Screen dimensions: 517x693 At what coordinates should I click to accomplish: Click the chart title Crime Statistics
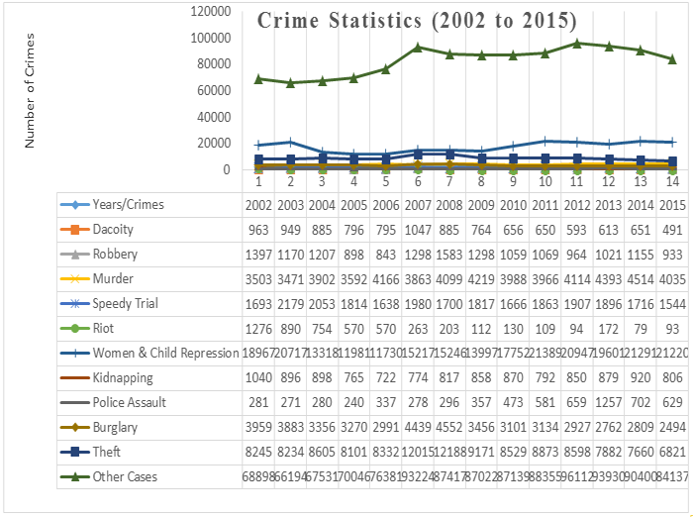tap(417, 21)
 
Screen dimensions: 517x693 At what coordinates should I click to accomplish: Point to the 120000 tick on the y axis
tap(210, 11)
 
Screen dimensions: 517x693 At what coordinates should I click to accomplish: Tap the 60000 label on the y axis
tap(214, 90)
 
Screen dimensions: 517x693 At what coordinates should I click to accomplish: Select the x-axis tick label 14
tap(672, 182)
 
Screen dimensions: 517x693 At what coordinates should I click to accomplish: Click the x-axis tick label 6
tap(418, 182)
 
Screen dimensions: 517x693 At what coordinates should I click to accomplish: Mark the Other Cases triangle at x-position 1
tap(258, 78)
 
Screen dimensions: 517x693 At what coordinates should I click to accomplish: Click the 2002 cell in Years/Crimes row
tap(258, 204)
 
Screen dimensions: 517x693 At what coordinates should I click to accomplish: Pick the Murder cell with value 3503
tap(258, 278)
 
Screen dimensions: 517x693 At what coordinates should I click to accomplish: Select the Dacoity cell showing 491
tap(672, 229)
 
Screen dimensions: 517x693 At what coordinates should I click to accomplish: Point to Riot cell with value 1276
tap(258, 328)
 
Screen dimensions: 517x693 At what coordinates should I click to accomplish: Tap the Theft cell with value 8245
tap(258, 453)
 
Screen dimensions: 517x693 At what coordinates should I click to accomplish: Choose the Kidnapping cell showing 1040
tap(258, 378)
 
